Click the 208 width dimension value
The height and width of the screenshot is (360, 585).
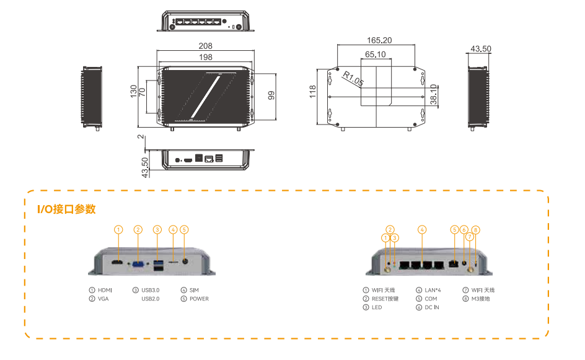click(206, 46)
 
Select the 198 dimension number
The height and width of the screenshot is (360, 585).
click(206, 57)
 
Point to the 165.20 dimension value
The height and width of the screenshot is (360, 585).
click(379, 40)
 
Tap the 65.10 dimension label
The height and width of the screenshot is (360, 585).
click(376, 55)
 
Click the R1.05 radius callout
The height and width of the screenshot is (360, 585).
click(353, 79)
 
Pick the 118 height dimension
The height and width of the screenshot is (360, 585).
click(314, 92)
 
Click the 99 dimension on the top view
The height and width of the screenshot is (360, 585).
click(271, 95)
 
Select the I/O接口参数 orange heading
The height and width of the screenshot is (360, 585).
click(67, 209)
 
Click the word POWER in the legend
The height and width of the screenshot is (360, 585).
click(199, 299)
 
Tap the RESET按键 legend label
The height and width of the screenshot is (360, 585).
click(385, 299)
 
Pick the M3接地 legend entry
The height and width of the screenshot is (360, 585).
click(482, 299)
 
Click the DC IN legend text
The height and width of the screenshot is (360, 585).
click(431, 307)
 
